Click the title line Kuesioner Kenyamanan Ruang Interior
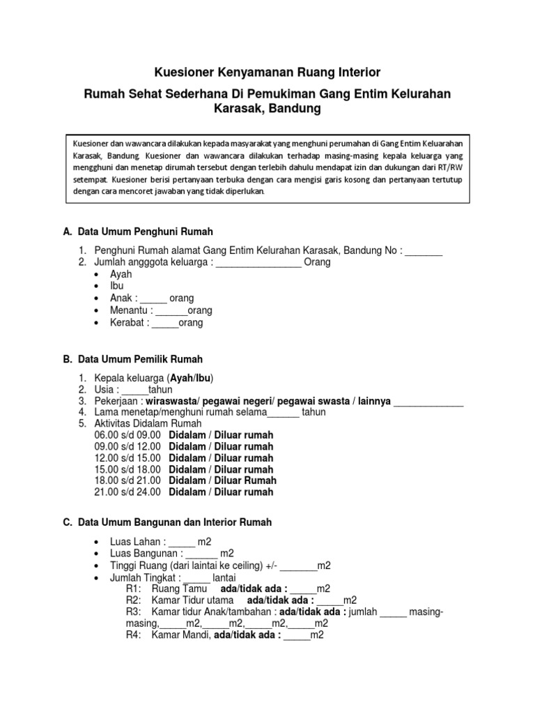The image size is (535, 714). [267, 73]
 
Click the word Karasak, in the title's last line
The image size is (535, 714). [240, 109]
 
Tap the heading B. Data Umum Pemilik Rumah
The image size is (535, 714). [133, 359]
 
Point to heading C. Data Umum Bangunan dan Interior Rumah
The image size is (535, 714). [167, 522]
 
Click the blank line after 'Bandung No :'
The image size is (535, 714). [424, 251]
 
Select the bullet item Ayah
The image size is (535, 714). [121, 275]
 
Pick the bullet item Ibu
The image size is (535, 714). [116, 287]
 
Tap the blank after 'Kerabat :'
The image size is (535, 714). [165, 323]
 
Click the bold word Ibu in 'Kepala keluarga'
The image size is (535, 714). [203, 378]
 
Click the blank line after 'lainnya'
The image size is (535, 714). [428, 402]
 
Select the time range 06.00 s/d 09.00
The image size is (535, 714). [127, 435]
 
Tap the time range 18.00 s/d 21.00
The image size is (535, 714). [127, 480]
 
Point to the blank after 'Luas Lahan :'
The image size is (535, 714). [182, 542]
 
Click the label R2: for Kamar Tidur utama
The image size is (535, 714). [134, 600]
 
